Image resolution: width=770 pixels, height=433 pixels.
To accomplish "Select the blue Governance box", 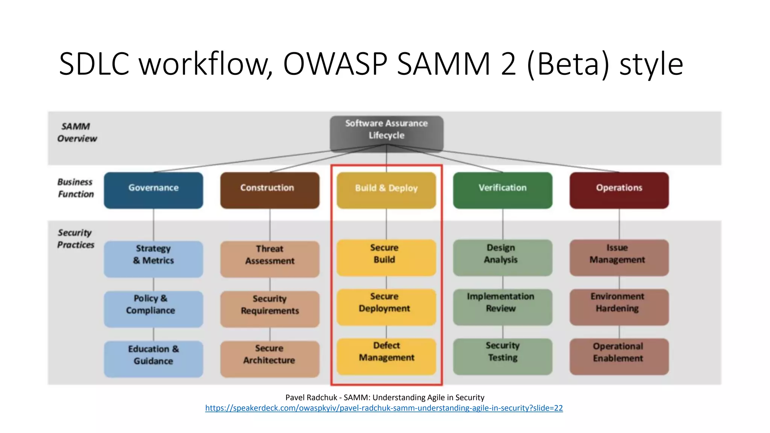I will point(153,190).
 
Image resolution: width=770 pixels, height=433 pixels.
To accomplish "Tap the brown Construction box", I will point(270,190).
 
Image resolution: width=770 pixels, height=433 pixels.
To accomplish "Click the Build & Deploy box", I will point(386,190).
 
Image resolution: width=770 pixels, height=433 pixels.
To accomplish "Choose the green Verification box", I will point(503,190).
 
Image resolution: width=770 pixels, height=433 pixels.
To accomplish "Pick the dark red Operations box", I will point(619,190).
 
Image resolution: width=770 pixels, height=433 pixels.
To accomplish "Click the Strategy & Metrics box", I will point(153,259).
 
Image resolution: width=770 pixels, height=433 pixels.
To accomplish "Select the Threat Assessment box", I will point(270,259).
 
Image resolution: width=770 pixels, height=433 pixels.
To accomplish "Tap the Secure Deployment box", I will point(386,307).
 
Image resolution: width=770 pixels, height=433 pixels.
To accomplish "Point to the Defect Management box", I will point(386,356).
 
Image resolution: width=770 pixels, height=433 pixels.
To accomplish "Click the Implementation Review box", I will point(503,307).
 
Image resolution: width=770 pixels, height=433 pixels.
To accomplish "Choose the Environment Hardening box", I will point(619,307).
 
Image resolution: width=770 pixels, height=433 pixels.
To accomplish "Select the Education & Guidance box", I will point(153,359).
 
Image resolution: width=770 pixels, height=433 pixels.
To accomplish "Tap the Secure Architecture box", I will point(270,359).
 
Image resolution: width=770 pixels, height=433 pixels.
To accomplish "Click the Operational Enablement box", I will point(619,356).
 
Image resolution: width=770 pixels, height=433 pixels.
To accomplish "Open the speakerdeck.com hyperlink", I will point(384,408).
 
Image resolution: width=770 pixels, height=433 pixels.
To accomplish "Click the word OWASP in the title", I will point(335,64).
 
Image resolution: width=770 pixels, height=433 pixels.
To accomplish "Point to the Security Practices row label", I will point(76,239).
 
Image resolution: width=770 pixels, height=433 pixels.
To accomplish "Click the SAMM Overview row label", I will point(77,132).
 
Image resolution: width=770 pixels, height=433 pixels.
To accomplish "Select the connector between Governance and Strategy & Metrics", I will point(153,225).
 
